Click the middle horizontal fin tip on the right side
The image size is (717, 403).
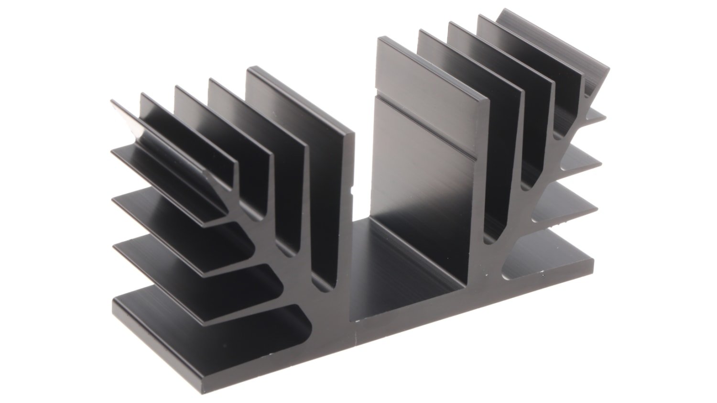point(593,163)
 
